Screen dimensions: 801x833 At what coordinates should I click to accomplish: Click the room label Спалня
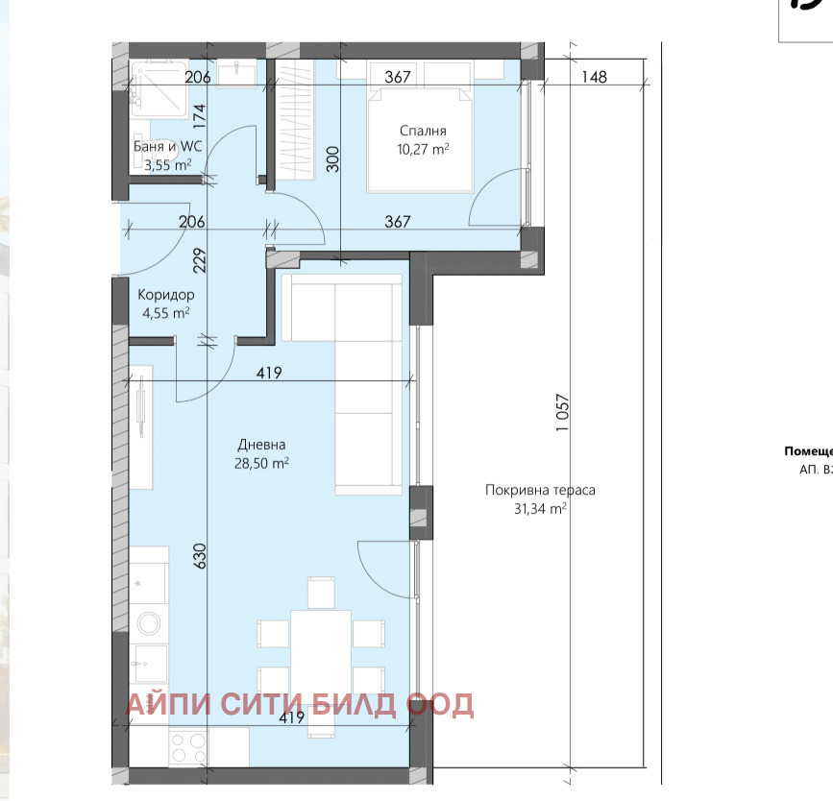point(423,131)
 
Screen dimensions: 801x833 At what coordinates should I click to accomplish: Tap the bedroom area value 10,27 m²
point(424,150)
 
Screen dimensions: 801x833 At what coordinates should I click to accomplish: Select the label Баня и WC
point(167,147)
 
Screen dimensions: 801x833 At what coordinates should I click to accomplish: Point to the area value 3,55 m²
point(167,165)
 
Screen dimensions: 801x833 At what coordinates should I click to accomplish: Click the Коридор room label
point(165,295)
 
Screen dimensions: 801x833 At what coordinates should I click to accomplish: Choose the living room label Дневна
point(262,445)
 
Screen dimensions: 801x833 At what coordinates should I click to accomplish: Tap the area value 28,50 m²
point(262,463)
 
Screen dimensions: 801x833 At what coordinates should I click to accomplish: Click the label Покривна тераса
point(540,490)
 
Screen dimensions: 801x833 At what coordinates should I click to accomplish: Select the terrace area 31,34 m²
point(540,509)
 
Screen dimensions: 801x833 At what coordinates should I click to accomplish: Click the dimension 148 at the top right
point(594,77)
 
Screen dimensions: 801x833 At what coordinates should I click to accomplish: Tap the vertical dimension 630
point(200,558)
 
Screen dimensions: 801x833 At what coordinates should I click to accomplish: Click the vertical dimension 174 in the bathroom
point(200,115)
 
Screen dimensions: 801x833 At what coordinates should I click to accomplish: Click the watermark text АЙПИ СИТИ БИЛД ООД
point(299,704)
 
